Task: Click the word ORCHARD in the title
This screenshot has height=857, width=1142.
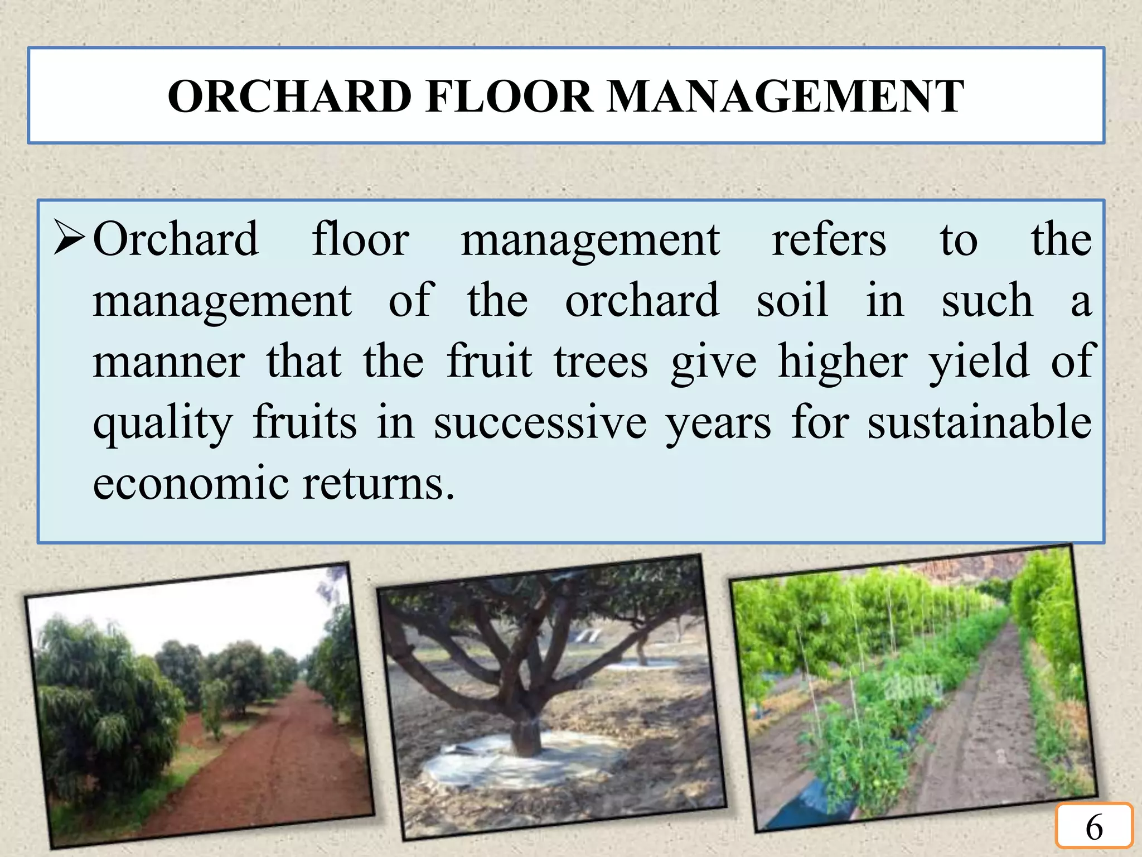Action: pos(289,97)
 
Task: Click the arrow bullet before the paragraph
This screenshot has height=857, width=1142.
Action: pos(69,238)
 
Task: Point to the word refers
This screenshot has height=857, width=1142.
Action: pos(829,240)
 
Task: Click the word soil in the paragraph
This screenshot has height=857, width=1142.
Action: pos(792,301)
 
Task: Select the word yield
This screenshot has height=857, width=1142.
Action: pos(979,363)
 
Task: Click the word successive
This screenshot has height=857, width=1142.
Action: pos(540,423)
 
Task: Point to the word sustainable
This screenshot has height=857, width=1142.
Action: pos(979,422)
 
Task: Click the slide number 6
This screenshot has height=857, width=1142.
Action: pos(1094,827)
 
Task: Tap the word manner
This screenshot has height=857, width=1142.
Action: pos(169,363)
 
